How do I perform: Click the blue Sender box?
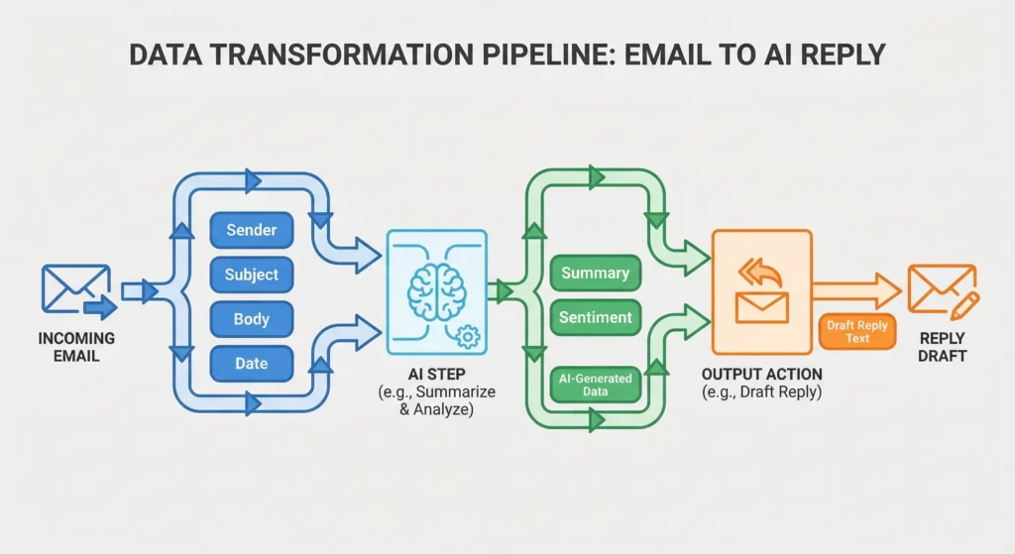tap(251, 230)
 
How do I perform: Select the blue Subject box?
tap(251, 275)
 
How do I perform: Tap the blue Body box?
tap(251, 319)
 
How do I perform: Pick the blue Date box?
tap(251, 363)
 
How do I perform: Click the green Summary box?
tap(595, 273)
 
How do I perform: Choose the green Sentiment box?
tap(595, 317)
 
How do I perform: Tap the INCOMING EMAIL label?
tap(75, 346)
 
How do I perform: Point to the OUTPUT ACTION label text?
tap(761, 375)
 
